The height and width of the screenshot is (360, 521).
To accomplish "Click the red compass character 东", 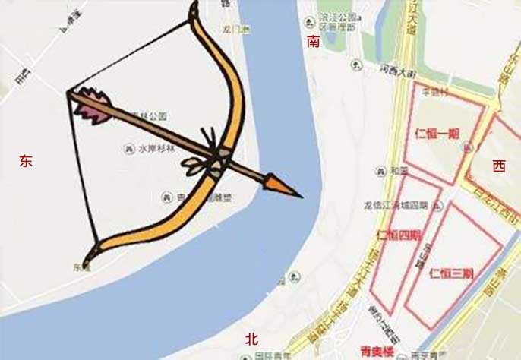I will click(x=27, y=161).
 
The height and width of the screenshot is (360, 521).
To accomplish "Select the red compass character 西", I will click(x=498, y=166).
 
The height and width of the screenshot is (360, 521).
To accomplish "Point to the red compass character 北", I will click(x=252, y=339).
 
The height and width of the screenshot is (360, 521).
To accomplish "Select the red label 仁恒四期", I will click(x=397, y=235).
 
